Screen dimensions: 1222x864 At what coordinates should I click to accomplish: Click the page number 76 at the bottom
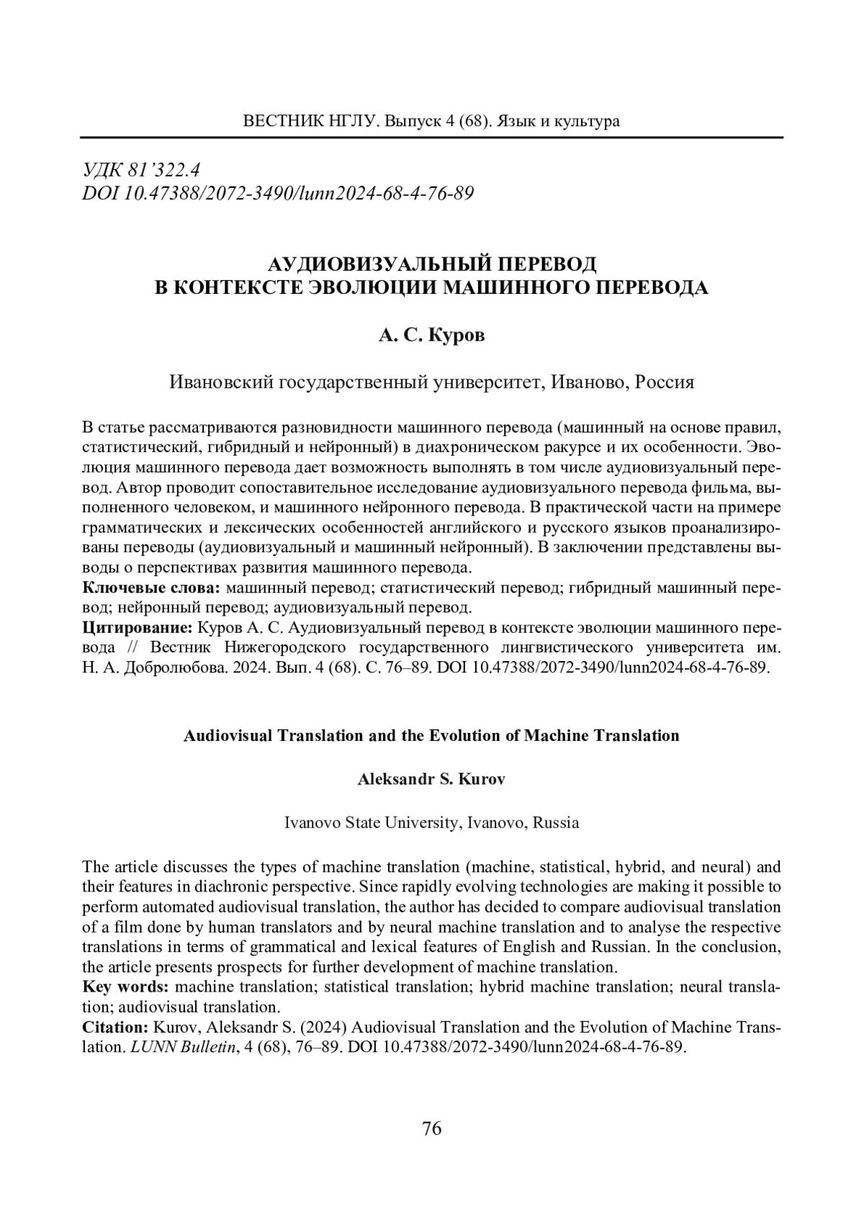click(x=431, y=1128)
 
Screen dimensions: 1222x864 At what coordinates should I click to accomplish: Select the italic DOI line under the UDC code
click(x=278, y=193)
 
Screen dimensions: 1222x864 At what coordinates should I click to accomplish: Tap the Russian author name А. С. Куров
click(x=432, y=336)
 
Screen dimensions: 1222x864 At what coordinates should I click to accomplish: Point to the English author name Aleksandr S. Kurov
click(x=431, y=779)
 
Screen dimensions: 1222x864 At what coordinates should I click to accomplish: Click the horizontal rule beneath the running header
click(x=432, y=137)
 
